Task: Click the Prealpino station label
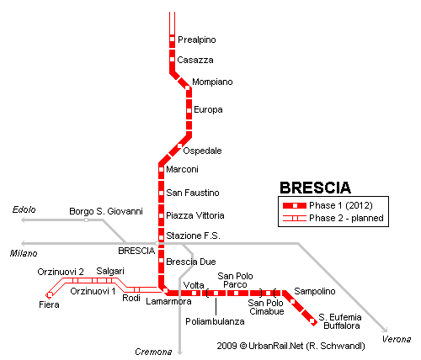pyautogui.click(x=197, y=40)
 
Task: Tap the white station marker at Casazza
pyautogui.click(x=173, y=60)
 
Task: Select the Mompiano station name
pyautogui.click(x=212, y=82)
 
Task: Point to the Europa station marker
pyautogui.click(x=189, y=110)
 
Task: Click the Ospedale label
pyautogui.click(x=202, y=151)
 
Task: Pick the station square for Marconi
pyautogui.click(x=161, y=169)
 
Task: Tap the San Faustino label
pyautogui.click(x=193, y=193)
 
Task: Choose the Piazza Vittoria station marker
pyautogui.click(x=161, y=215)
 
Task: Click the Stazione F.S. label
pyautogui.click(x=193, y=236)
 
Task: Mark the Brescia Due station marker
pyautogui.click(x=161, y=261)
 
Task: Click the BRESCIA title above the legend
pyautogui.click(x=316, y=188)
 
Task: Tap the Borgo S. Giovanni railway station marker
pyautogui.click(x=86, y=220)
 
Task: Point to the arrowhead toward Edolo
pyautogui.click(x=24, y=220)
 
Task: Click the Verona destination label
pyautogui.click(x=397, y=339)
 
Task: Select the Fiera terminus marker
pyautogui.click(x=49, y=294)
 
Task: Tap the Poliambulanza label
pyautogui.click(x=215, y=321)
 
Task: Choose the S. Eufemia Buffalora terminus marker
pyautogui.click(x=312, y=320)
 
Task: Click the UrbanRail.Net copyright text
pyautogui.click(x=290, y=346)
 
